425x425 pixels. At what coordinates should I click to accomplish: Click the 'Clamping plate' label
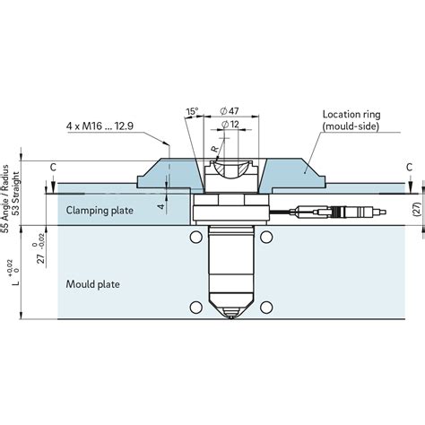100,211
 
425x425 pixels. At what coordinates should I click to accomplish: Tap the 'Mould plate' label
92,284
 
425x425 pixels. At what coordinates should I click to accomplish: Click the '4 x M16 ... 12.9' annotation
100,126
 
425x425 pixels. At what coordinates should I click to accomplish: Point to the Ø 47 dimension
230,111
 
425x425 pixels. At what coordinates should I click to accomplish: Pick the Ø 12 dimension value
230,124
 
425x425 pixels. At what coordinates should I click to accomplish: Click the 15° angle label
192,111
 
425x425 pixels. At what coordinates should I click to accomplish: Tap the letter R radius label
214,149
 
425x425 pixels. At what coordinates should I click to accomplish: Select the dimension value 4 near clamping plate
161,206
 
